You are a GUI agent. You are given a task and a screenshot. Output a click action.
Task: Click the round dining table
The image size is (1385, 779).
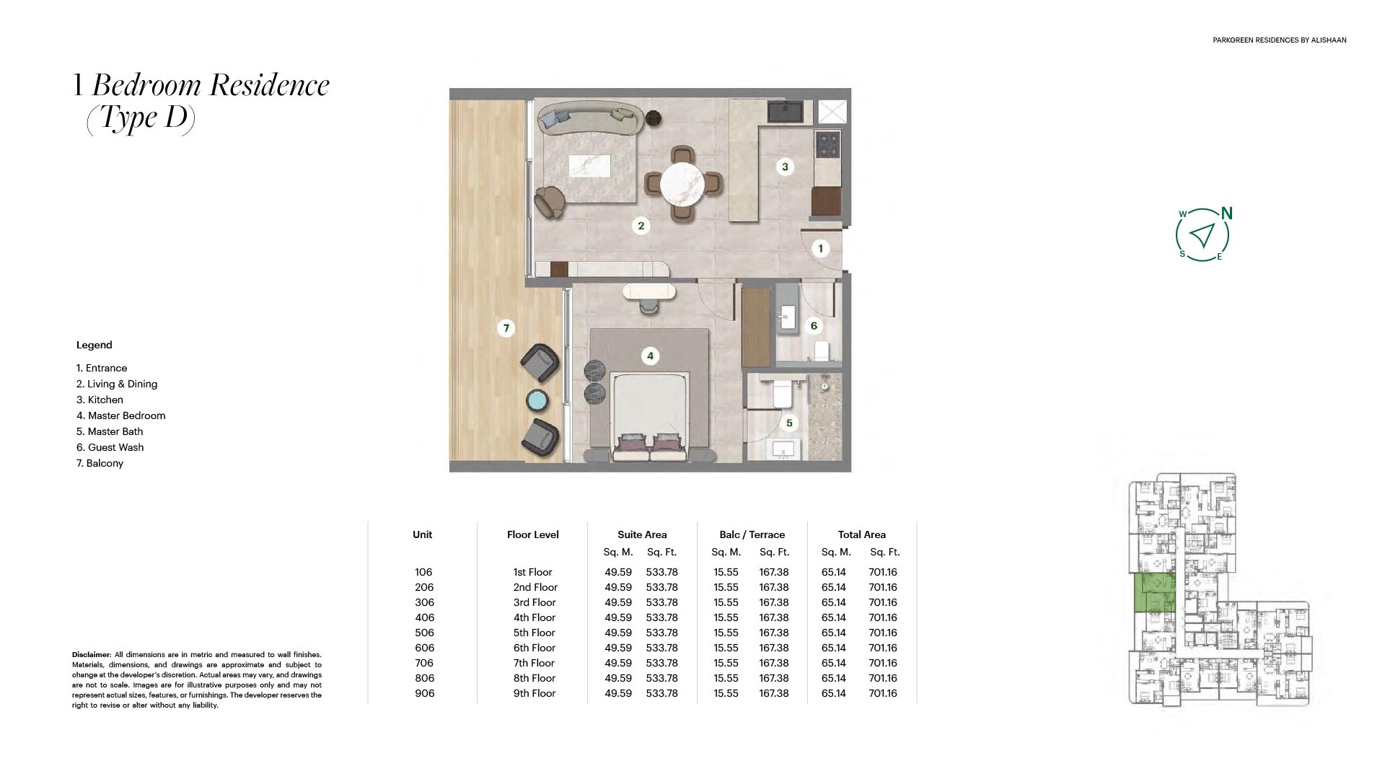click(x=682, y=183)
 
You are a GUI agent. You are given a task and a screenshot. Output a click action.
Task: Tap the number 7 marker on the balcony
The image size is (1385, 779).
click(x=506, y=328)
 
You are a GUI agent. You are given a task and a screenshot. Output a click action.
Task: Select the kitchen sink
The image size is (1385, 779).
click(x=785, y=112)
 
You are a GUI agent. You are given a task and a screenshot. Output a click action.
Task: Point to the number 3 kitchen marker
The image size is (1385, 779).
click(x=786, y=167)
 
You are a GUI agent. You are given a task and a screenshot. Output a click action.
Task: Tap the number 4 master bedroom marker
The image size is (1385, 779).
click(x=650, y=356)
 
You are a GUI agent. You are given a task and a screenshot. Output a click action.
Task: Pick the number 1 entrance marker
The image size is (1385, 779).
click(x=820, y=249)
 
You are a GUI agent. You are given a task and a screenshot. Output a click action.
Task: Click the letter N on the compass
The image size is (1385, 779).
click(x=1226, y=214)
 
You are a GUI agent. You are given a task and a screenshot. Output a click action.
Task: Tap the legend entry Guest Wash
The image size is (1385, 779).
click(x=110, y=447)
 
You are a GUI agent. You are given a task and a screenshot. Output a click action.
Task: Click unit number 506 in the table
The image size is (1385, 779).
click(x=424, y=633)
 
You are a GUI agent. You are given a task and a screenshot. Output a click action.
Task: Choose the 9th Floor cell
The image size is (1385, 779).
click(x=535, y=693)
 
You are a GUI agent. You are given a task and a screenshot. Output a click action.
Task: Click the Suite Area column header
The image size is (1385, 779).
click(x=642, y=534)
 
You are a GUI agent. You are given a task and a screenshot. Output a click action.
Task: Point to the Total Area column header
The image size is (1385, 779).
click(x=862, y=534)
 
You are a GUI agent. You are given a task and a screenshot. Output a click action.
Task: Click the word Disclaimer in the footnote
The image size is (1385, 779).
click(x=91, y=655)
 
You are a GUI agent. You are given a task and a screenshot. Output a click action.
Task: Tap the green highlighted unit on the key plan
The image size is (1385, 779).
click(x=1155, y=593)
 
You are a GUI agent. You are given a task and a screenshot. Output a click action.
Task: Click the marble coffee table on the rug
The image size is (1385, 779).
click(x=589, y=166)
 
